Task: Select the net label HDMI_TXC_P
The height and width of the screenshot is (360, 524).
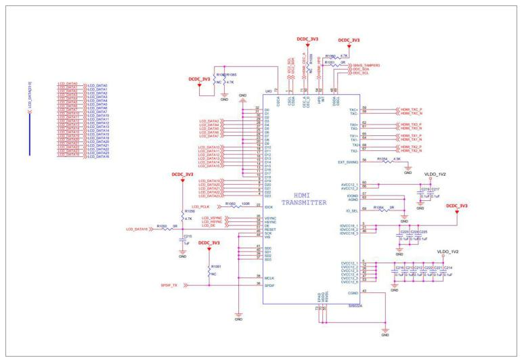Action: [x=406, y=109]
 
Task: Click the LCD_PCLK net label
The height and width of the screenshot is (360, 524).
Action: [x=201, y=206]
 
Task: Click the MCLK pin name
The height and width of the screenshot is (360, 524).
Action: [x=268, y=277]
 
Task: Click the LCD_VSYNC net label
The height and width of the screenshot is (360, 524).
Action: [x=212, y=217]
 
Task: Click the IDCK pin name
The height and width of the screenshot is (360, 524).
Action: [x=268, y=206]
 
